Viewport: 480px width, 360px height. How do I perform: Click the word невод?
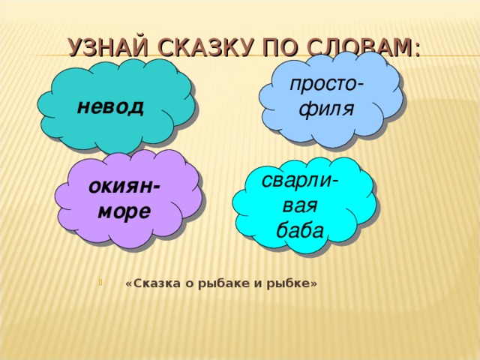coord(110,106)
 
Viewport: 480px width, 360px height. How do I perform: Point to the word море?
coord(124,211)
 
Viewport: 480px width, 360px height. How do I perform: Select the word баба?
coord(300,229)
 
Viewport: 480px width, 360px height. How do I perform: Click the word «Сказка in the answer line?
coord(149,283)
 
